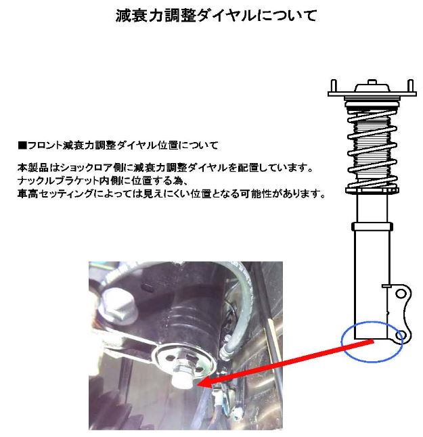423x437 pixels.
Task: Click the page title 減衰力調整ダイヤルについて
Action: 217,15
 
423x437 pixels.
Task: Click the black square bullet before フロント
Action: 22,145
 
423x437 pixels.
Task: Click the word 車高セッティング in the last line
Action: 55,193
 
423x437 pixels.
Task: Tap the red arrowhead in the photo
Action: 204,382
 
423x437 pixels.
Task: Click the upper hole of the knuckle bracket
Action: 401,294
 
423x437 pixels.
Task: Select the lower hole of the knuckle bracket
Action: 400,334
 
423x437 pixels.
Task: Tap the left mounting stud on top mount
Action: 334,86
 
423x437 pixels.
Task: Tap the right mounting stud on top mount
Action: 410,86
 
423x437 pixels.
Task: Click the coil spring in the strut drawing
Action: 372,148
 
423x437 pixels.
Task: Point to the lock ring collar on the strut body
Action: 372,226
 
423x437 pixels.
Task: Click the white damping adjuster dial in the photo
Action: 179,378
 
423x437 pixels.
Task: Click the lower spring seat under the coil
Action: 372,191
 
